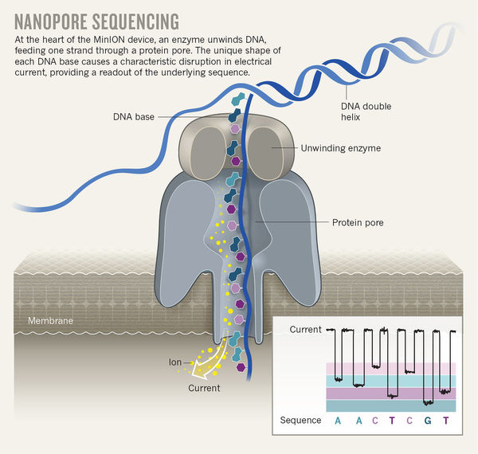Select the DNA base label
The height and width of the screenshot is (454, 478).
click(x=134, y=118)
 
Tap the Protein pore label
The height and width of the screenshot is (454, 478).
click(x=357, y=223)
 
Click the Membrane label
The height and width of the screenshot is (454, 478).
click(x=51, y=321)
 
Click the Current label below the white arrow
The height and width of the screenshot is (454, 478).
click(x=204, y=388)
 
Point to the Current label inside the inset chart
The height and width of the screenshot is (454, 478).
click(x=305, y=329)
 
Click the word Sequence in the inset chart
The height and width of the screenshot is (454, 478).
click(x=300, y=420)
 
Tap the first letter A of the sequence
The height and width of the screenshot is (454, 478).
click(x=338, y=420)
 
